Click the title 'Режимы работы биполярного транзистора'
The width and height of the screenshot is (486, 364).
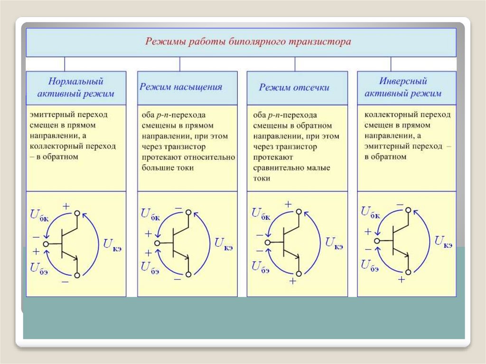tap(248, 41)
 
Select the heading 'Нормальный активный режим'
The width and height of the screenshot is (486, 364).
tap(76, 87)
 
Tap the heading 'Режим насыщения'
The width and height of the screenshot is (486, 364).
tap(181, 87)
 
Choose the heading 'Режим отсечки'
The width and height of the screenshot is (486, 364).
tap(294, 87)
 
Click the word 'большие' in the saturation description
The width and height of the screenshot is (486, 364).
tap(155, 168)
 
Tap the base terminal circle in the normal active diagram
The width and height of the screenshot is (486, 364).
tap(46, 244)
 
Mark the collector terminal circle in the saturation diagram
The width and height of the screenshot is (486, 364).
tap(188, 212)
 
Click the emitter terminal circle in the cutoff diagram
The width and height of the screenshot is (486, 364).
tap(299, 274)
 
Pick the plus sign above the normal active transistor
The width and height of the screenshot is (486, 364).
tap(66, 206)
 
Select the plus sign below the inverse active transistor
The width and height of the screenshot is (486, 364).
tap(402, 280)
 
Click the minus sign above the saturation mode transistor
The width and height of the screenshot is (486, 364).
tap(178, 208)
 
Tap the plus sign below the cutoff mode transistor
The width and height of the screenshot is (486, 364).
tap(293, 281)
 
